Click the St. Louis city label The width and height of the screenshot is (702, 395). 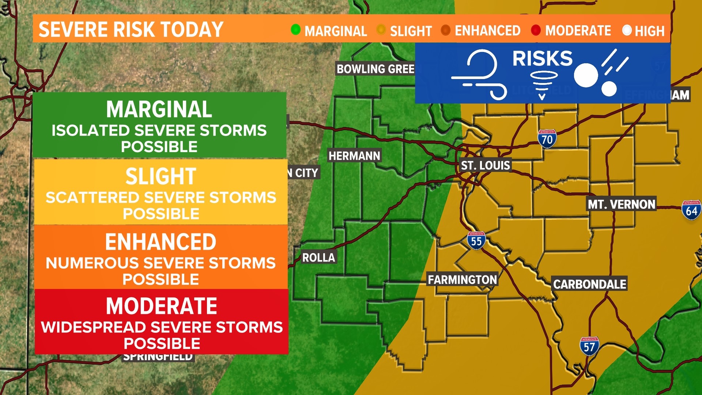(x=485, y=165)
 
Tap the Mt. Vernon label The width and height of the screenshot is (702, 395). (x=621, y=204)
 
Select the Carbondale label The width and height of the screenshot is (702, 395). (x=589, y=284)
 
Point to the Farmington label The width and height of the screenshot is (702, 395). (x=463, y=280)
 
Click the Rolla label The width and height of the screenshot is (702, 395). (x=318, y=257)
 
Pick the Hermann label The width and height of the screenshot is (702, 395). (x=354, y=156)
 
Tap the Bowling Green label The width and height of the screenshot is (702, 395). (x=375, y=69)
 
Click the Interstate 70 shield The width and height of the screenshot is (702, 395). (x=547, y=139)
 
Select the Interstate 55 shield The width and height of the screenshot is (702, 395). (x=476, y=241)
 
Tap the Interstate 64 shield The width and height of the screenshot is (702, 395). (x=691, y=210)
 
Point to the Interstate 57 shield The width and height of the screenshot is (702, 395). (x=589, y=346)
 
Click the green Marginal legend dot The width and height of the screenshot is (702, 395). (x=295, y=30)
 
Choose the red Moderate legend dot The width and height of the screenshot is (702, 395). (x=536, y=30)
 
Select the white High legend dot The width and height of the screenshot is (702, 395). (x=627, y=30)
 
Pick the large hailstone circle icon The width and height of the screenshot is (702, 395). (x=586, y=75)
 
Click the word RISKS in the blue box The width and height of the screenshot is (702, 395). (x=542, y=59)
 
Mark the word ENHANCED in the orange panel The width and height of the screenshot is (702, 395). (x=161, y=242)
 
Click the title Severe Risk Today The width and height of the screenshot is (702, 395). (x=131, y=29)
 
